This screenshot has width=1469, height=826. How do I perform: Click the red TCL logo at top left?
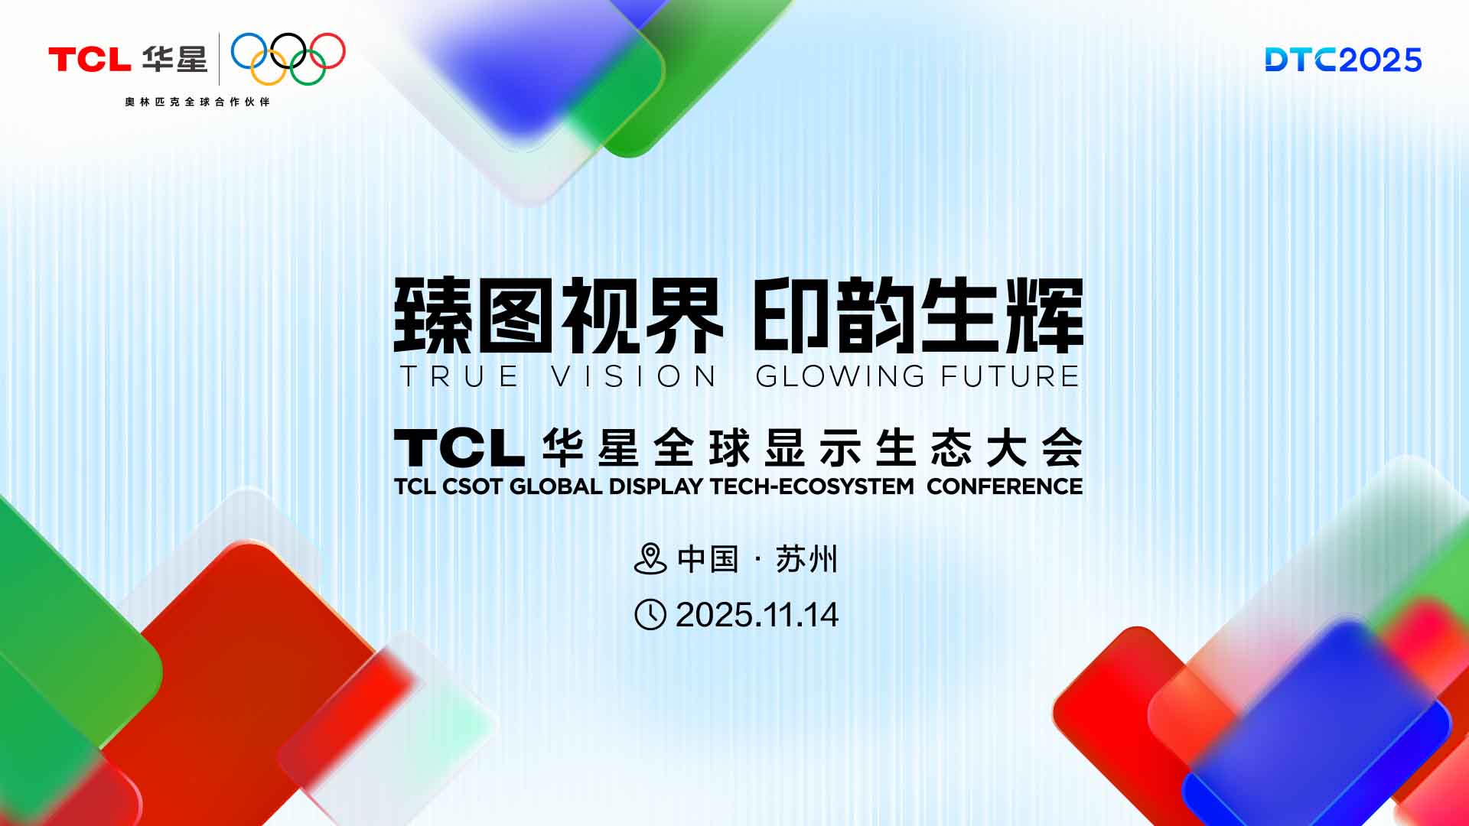[89, 60]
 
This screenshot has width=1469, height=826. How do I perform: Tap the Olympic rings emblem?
[288, 58]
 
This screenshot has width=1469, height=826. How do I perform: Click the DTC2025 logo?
[1343, 60]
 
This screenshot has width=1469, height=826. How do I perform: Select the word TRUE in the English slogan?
[459, 376]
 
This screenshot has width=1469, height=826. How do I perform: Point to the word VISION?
[634, 376]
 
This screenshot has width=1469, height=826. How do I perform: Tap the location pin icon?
[650, 559]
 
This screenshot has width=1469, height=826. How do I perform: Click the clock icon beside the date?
[650, 615]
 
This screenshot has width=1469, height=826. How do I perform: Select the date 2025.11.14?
[757, 615]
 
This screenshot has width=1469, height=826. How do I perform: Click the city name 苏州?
[806, 559]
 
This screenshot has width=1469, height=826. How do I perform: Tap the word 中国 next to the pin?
[708, 559]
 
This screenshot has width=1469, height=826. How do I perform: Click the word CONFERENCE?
[1004, 486]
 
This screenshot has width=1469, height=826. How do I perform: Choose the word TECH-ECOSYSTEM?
[812, 486]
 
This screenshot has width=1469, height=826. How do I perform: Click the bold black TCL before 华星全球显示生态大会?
[459, 448]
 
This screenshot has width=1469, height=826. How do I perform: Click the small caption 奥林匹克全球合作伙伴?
[197, 102]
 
